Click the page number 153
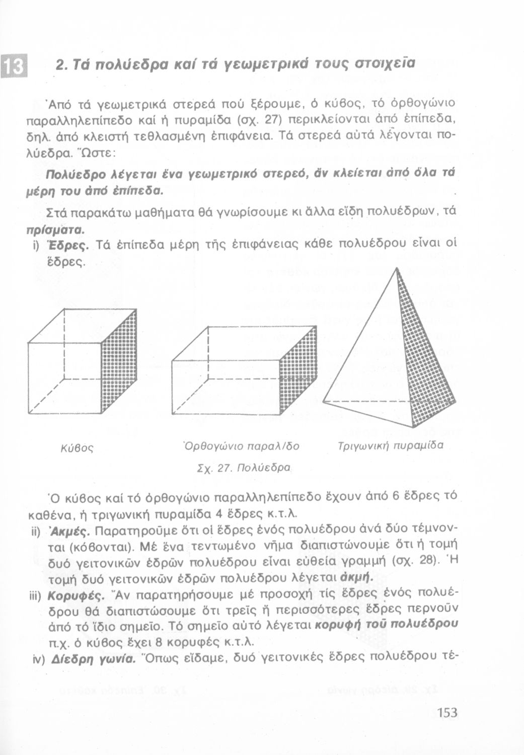(x=447, y=713)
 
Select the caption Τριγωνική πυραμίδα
(x=390, y=445)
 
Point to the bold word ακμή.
(x=356, y=577)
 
